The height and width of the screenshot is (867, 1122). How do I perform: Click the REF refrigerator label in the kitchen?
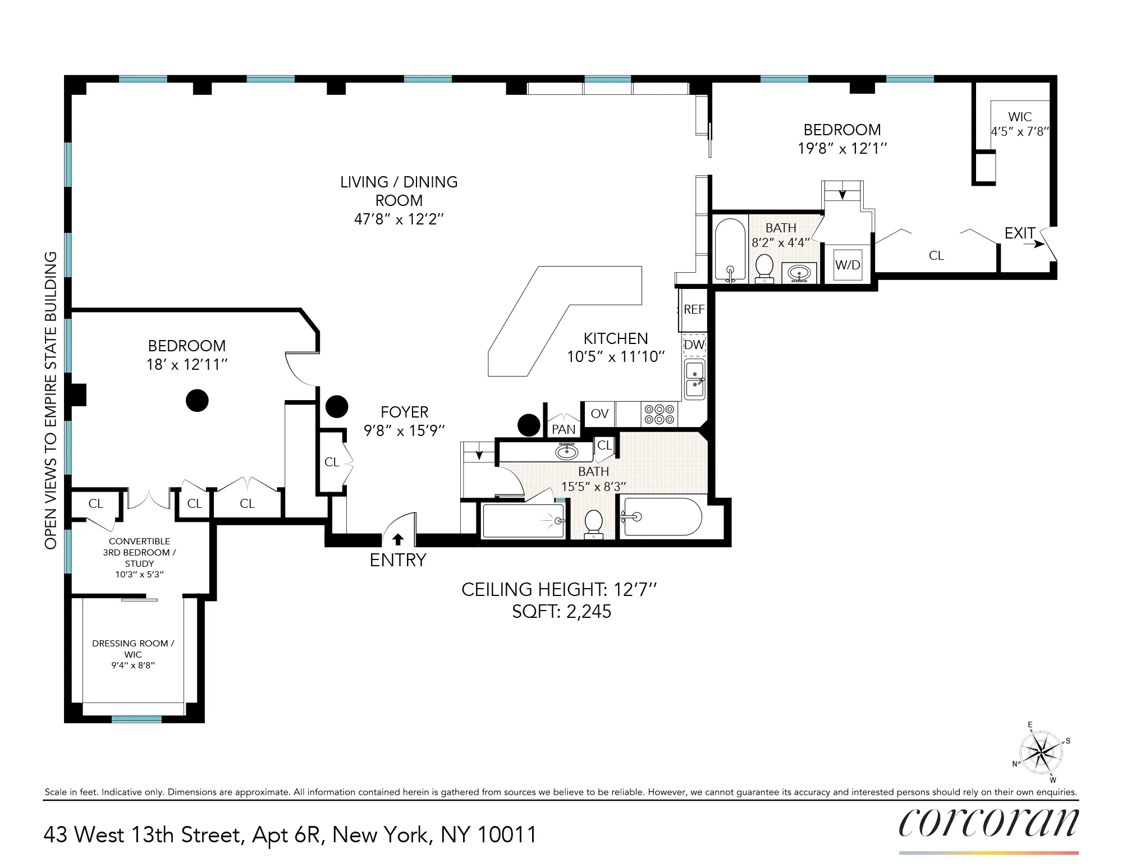(694, 309)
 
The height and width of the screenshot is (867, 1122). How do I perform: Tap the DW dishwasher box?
(694, 345)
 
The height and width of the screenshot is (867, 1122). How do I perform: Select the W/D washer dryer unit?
(848, 265)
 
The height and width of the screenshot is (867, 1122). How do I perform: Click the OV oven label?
(599, 414)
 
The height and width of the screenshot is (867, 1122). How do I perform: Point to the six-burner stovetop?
(659, 414)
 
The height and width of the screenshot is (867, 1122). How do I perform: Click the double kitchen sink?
(695, 379)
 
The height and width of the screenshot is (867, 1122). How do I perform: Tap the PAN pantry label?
(564, 429)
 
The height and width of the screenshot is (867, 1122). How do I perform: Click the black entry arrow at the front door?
(398, 539)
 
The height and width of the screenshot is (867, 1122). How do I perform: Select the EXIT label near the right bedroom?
(1020, 233)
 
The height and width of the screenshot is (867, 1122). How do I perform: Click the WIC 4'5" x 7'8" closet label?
(1020, 124)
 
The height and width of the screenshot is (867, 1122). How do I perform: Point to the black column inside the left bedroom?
(197, 400)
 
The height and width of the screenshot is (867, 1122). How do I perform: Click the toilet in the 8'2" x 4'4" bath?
(764, 268)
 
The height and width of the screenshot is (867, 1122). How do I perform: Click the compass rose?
(1041, 751)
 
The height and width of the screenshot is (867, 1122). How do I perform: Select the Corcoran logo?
(988, 823)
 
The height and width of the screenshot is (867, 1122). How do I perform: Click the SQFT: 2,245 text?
(561, 612)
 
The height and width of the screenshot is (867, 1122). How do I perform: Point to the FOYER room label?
(404, 412)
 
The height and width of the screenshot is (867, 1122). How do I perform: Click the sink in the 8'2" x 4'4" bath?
(799, 273)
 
